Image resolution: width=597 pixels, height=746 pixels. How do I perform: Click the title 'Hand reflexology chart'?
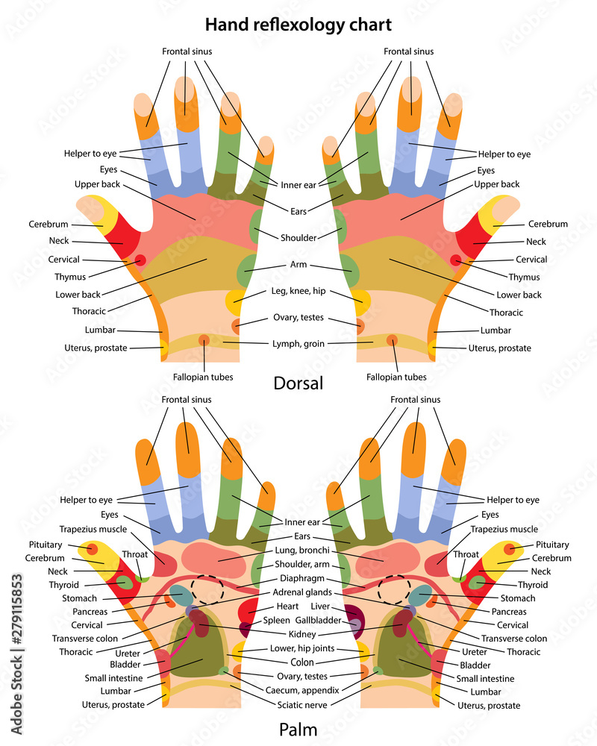click(x=298, y=25)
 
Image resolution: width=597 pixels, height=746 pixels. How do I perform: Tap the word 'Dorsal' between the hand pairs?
click(x=298, y=383)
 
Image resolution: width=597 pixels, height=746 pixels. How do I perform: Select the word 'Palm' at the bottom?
click(x=298, y=729)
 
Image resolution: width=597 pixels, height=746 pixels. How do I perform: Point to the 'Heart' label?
click(x=287, y=606)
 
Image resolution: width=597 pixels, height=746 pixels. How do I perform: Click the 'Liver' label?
click(x=320, y=606)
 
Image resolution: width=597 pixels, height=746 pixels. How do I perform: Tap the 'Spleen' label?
click(x=277, y=620)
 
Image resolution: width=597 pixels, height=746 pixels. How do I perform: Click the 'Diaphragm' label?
click(x=299, y=578)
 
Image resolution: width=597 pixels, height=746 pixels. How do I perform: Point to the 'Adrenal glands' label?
click(x=299, y=592)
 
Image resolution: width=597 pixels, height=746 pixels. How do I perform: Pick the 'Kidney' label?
click(x=298, y=633)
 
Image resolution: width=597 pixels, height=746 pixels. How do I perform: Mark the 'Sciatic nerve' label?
click(x=298, y=703)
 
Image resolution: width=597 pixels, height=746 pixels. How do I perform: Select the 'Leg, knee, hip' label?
click(x=298, y=290)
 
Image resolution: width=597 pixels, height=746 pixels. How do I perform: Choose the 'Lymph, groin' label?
click(x=298, y=343)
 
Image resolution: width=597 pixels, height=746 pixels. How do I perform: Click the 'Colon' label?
click(x=298, y=661)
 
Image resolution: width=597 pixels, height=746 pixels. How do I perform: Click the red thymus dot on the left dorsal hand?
click(x=140, y=259)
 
